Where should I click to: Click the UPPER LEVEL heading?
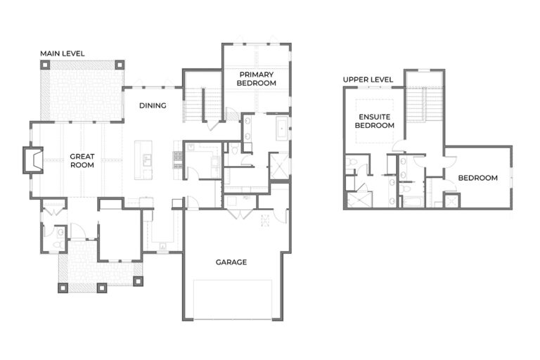tap(368, 79)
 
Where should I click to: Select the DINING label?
tap(153, 106)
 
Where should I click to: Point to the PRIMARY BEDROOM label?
tap(257, 78)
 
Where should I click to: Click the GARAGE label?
tap(231, 262)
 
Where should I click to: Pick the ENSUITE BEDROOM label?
tap(374, 121)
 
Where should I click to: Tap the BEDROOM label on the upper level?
tap(477, 178)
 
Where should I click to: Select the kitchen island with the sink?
tap(146, 160)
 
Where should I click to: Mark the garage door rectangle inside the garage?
tap(232, 299)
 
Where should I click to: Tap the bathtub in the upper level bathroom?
tap(410, 202)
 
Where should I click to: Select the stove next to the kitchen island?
tap(176, 160)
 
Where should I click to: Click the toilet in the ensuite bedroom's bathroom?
tap(351, 165)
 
